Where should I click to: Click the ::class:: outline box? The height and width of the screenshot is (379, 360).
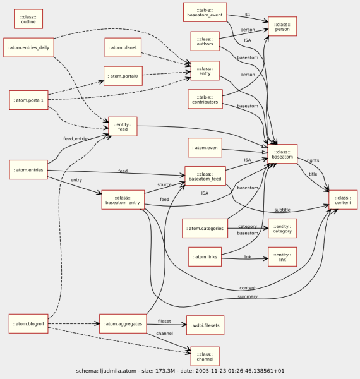pos(28,18)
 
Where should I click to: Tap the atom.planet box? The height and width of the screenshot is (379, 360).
pos(123,47)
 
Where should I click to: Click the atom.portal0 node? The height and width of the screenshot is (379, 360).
pos(123,76)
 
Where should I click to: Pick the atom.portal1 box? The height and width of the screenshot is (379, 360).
pos(29,100)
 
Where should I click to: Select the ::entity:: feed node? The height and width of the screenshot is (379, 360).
pos(123,126)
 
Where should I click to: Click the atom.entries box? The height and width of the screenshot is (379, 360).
pos(29,169)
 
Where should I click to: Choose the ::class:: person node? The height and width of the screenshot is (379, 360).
pos(282,27)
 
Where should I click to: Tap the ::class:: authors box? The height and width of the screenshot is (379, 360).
pos(205,41)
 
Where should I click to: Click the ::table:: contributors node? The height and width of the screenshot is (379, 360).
pos(205,99)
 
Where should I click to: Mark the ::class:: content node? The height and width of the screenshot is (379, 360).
pos(343,200)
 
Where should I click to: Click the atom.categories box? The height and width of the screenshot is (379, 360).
pos(205,228)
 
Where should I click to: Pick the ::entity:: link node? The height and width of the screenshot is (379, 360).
pos(282,256)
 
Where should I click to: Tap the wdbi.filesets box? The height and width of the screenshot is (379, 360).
pos(205,325)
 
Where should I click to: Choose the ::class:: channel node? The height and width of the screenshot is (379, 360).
pos(205,356)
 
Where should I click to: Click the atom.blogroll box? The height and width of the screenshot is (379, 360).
pos(29,324)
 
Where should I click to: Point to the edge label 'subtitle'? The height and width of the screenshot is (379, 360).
pos(282,210)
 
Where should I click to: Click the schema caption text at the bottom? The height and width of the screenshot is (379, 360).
pos(180,371)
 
